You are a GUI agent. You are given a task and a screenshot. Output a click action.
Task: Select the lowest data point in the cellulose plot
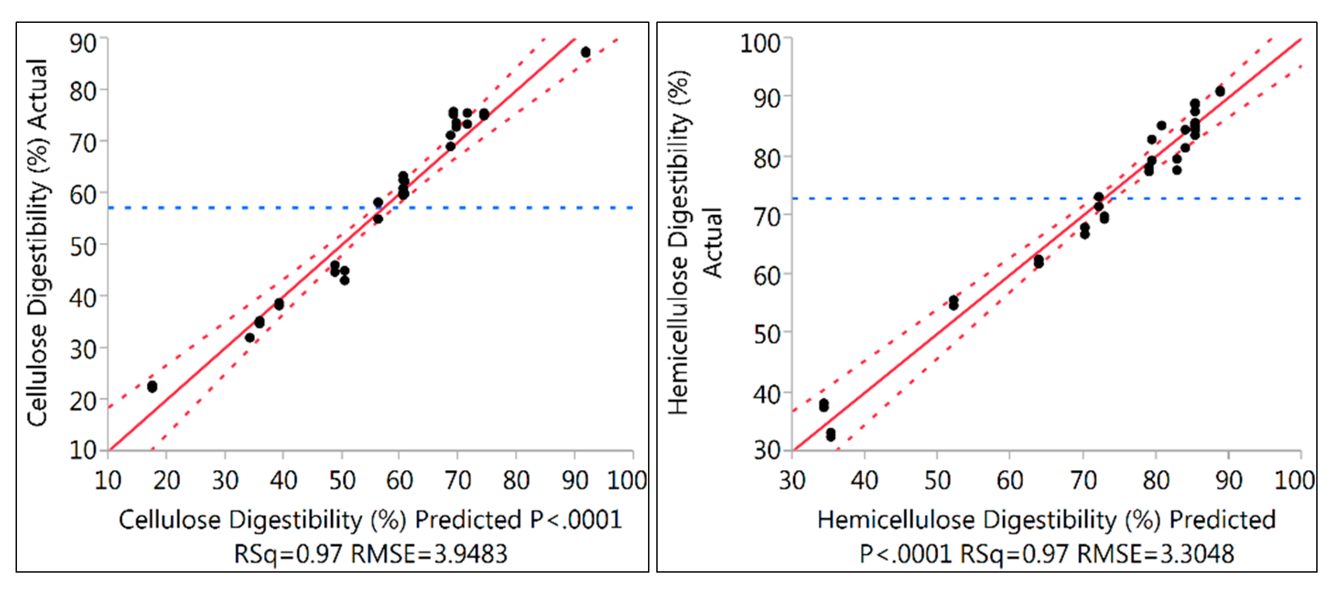[x=152, y=386]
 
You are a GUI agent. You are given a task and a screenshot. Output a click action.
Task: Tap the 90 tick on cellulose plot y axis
[x=83, y=43]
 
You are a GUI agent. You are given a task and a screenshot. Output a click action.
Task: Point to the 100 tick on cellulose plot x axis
[x=627, y=480]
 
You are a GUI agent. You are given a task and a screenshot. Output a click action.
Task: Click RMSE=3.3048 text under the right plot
[x=1155, y=554]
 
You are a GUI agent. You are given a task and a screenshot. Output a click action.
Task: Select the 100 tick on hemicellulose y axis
[x=760, y=43]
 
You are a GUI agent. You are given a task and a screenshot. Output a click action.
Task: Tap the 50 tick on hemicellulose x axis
[x=937, y=480]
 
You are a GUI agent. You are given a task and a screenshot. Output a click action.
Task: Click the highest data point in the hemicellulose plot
[x=1220, y=91]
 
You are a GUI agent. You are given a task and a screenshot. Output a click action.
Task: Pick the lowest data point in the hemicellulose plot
[x=831, y=436]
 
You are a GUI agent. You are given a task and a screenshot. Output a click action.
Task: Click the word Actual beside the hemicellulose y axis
[x=713, y=242]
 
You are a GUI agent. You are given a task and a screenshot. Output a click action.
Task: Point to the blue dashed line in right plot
[x=933, y=199]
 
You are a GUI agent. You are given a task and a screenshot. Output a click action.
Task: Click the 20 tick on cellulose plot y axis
[x=83, y=402]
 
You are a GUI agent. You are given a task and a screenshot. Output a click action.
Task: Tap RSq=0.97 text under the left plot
[x=287, y=554]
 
